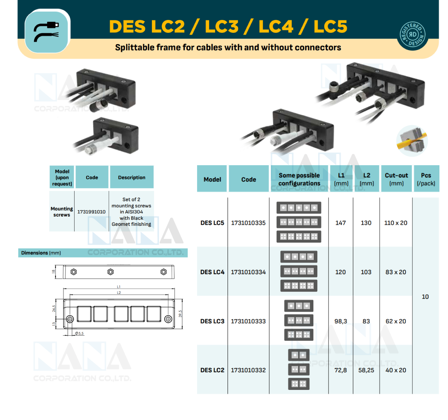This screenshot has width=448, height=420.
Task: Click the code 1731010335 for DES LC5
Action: [x=248, y=223]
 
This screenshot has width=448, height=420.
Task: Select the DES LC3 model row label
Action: [x=212, y=321]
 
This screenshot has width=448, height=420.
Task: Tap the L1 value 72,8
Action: [x=341, y=370]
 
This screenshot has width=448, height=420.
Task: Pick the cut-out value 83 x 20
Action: [x=396, y=272]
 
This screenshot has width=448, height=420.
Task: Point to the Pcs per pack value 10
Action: [x=425, y=297]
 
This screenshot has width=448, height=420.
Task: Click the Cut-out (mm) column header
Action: [x=396, y=179]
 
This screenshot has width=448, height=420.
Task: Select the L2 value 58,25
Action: [x=366, y=370]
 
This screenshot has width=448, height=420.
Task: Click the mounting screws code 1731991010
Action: [x=91, y=212]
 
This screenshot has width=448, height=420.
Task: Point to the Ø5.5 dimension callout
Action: [x=79, y=333]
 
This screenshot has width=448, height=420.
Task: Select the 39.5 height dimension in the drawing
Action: [x=180, y=314]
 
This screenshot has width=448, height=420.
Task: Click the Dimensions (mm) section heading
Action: [x=41, y=253]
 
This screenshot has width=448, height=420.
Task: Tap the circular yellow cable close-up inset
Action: [x=412, y=141]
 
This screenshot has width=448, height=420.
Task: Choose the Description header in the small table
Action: [x=132, y=177]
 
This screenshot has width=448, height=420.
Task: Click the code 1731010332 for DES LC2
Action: [x=248, y=370]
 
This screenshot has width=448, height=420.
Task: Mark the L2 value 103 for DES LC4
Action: [x=366, y=272]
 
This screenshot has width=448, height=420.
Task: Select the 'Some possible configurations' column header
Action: [x=299, y=179]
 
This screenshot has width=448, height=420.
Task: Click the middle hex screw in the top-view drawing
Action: [x=111, y=272]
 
